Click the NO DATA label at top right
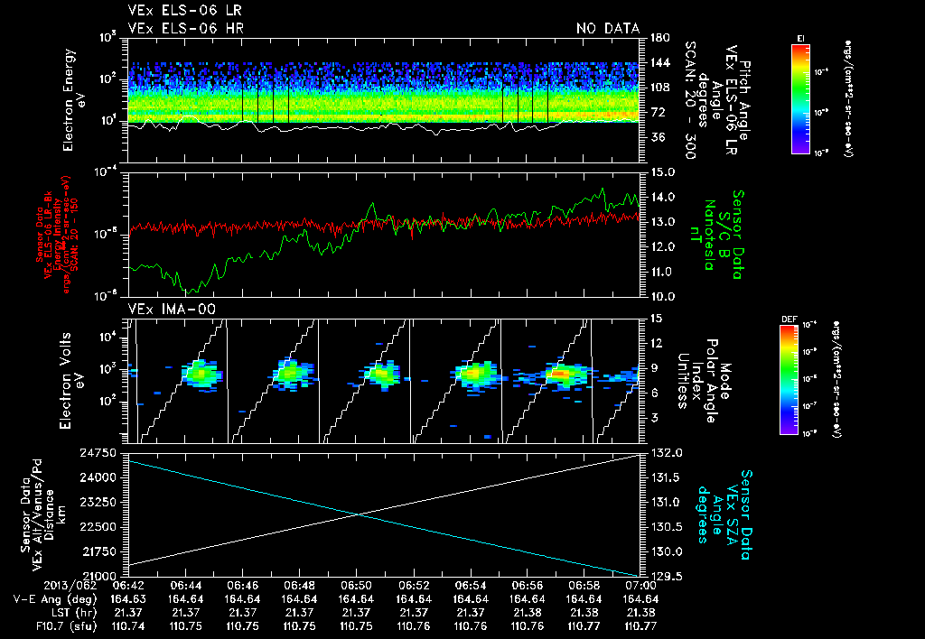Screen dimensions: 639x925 pyautogui.click(x=607, y=28)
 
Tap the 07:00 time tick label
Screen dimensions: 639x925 pyautogui.click(x=640, y=586)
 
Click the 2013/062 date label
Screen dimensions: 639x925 pyautogui.click(x=41, y=586)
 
